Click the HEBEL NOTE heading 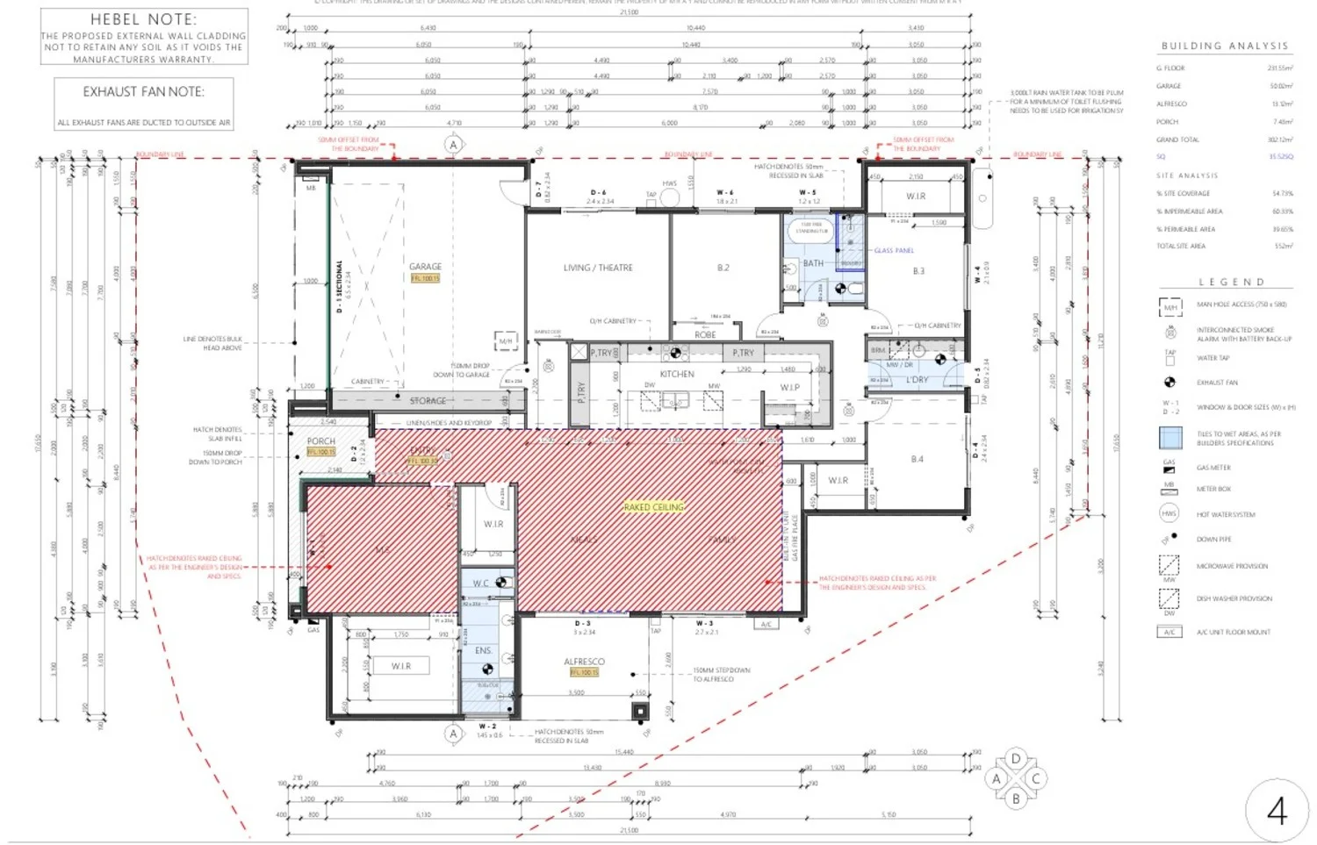click(143, 19)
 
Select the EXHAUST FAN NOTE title click(143, 91)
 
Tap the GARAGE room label click(425, 266)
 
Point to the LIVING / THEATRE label click(598, 268)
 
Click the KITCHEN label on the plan click(677, 374)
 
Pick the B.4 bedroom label click(917, 459)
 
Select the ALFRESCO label click(584, 662)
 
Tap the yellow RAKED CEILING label click(653, 507)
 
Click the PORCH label click(321, 441)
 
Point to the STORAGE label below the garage click(428, 401)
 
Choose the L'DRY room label click(917, 380)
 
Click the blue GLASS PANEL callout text click(894, 251)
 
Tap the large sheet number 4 click(1277, 812)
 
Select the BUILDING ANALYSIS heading click(1224, 46)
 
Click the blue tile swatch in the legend click(1169, 438)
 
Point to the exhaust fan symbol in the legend click(1169, 383)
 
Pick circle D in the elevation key click(1016, 759)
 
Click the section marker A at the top click(453, 144)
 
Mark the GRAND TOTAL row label click(1177, 140)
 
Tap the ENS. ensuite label click(483, 650)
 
